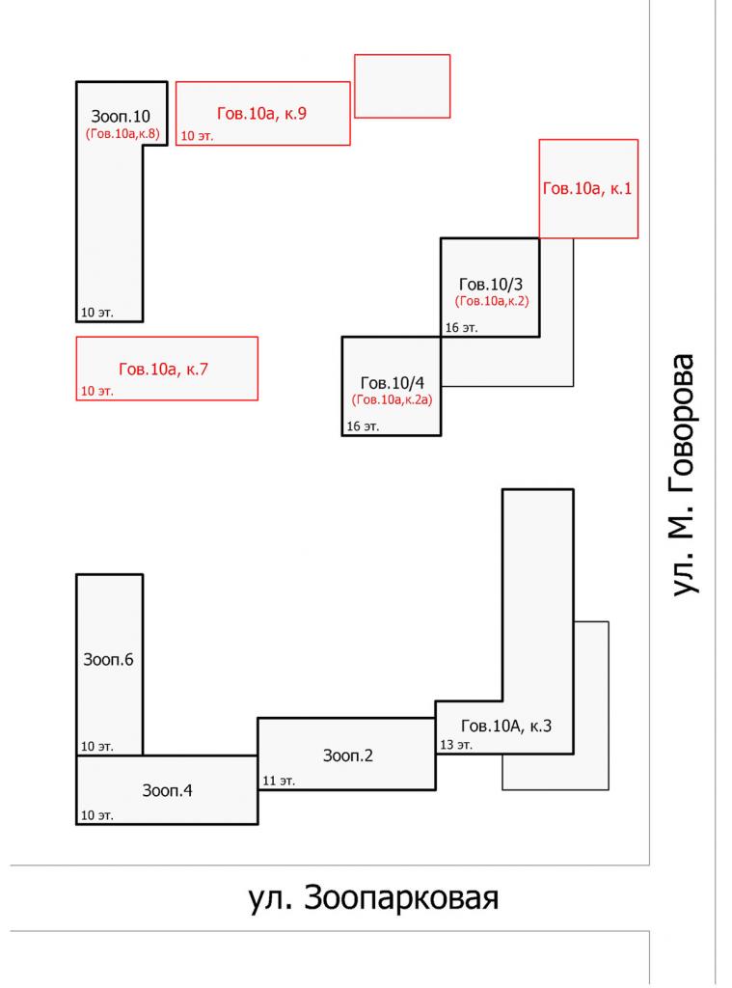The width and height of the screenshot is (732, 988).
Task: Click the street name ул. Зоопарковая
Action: pyautogui.click(x=373, y=898)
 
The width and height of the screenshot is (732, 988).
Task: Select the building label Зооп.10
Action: pyautogui.click(x=121, y=117)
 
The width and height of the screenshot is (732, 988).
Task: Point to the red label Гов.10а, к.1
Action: pyautogui.click(x=587, y=190)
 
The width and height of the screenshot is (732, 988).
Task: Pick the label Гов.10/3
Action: pyautogui.click(x=490, y=285)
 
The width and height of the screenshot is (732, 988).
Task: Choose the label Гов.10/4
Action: pyautogui.click(x=392, y=383)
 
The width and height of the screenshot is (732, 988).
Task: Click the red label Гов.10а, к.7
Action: pyautogui.click(x=163, y=369)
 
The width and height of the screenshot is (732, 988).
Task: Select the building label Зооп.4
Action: pyautogui.click(x=167, y=791)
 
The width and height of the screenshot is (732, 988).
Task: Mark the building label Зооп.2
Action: pyautogui.click(x=347, y=756)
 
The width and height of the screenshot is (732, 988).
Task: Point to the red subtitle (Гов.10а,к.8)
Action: pyautogui.click(x=122, y=134)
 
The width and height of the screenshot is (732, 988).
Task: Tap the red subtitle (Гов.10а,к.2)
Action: pyautogui.click(x=492, y=301)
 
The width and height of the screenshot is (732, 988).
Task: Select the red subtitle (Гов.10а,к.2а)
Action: pyautogui.click(x=392, y=399)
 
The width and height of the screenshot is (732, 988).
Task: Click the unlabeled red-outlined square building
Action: pyautogui.click(x=402, y=86)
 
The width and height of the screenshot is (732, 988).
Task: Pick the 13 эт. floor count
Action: pyautogui.click(x=456, y=745)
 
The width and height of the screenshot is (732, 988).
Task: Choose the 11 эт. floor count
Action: pyautogui.click(x=279, y=781)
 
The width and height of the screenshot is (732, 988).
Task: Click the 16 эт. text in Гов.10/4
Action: pyautogui.click(x=362, y=425)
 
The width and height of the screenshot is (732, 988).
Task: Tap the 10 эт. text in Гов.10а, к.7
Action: pyautogui.click(x=95, y=391)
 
